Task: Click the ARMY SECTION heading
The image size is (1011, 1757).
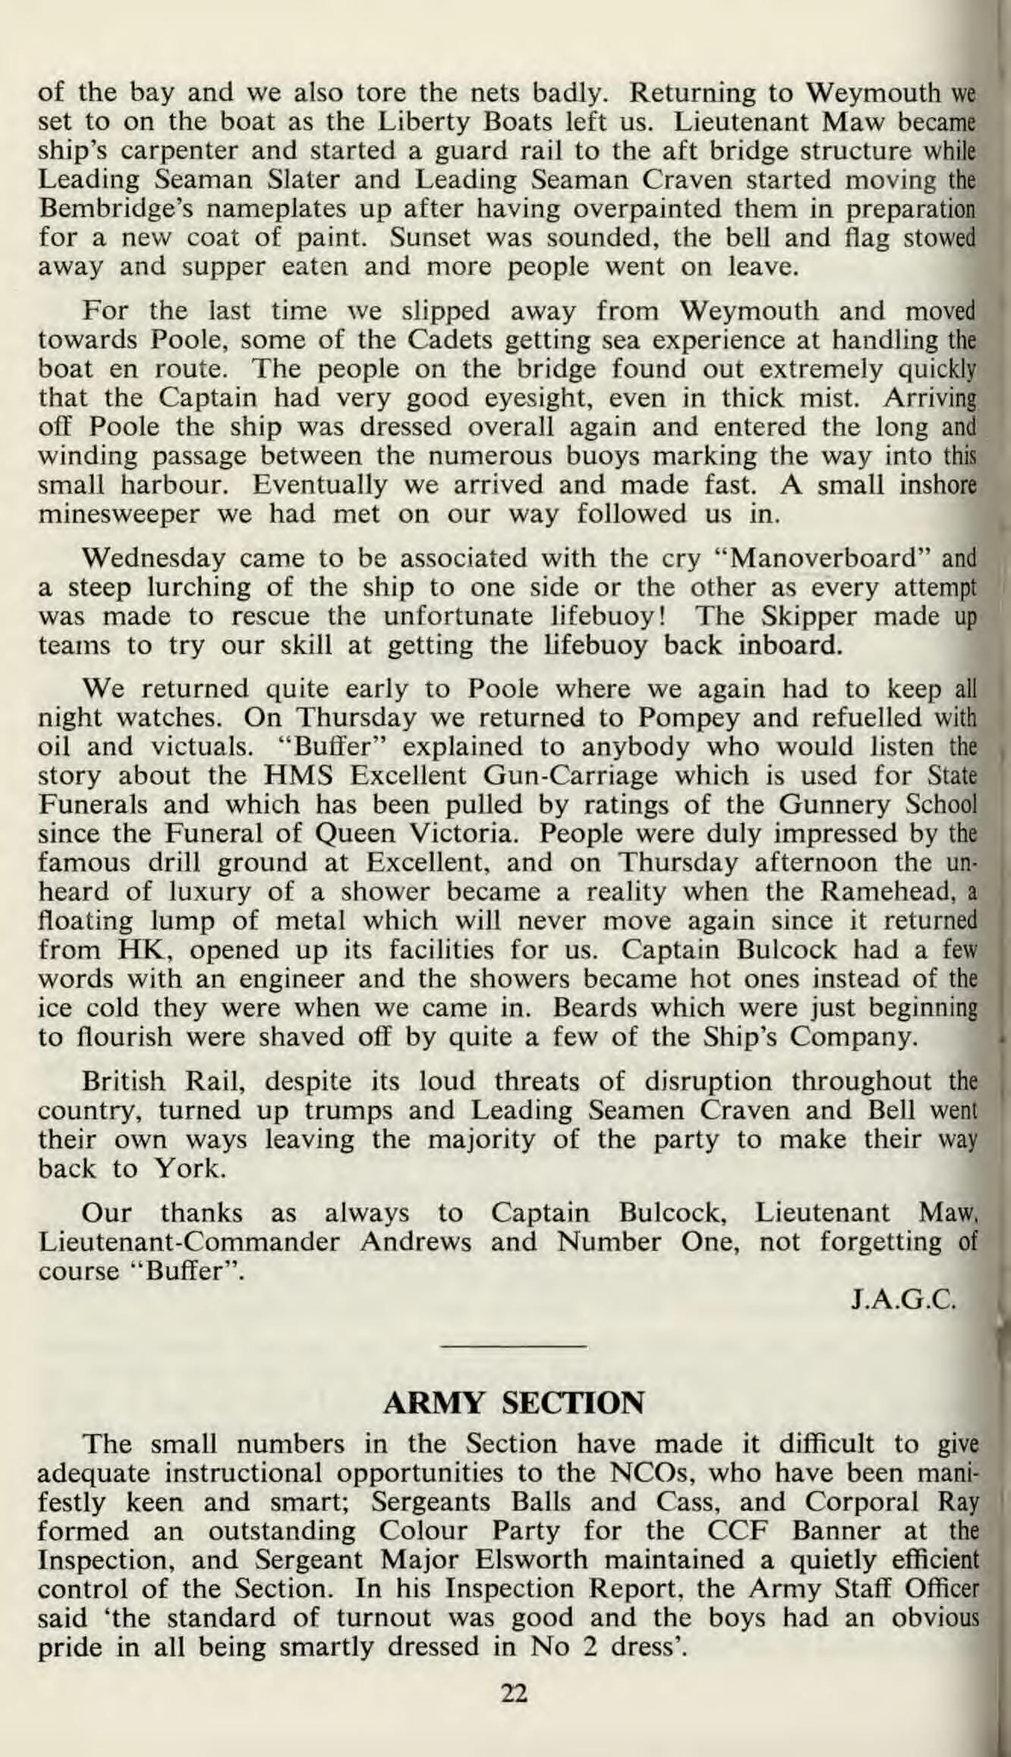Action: click(x=514, y=1403)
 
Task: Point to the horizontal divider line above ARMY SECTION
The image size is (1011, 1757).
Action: click(x=514, y=1347)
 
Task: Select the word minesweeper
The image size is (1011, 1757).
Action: click(x=120, y=515)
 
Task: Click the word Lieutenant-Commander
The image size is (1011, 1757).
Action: click(x=188, y=1242)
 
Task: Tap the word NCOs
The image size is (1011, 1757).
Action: click(x=654, y=1473)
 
